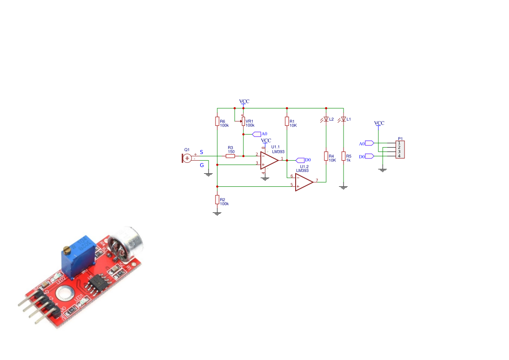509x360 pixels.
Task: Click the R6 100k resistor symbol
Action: point(217,121)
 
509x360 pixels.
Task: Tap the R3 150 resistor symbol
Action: point(230,156)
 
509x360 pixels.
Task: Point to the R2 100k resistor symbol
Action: point(217,199)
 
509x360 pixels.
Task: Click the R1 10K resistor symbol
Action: point(287,121)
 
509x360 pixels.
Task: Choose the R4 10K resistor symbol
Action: point(326,156)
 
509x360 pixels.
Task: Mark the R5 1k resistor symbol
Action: point(343,156)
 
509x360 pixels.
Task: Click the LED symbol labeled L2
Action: point(326,119)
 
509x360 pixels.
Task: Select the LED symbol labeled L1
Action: point(343,119)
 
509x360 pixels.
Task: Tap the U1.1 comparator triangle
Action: point(269,160)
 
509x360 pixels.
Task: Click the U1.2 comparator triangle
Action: point(303,182)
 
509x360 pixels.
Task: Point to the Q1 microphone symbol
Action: point(187,158)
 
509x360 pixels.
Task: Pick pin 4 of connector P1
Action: point(399,156)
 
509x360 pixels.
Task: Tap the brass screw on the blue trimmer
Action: point(67,250)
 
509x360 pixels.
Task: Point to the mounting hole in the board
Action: point(64,294)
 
